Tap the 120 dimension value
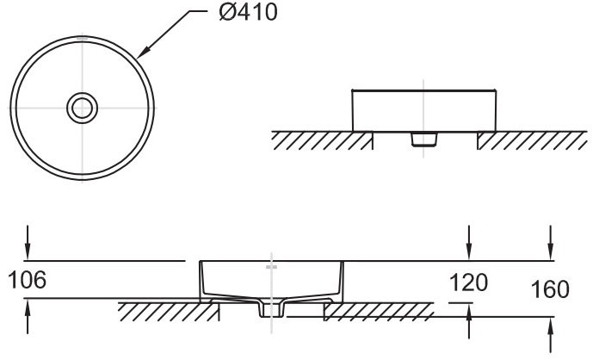(x=468, y=282)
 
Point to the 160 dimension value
(x=551, y=289)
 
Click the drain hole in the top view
(x=82, y=107)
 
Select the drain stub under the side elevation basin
(x=422, y=139)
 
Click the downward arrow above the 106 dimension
(x=29, y=244)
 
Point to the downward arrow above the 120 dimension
(x=468, y=244)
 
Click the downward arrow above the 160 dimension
(x=551, y=244)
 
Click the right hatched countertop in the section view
(x=379, y=311)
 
